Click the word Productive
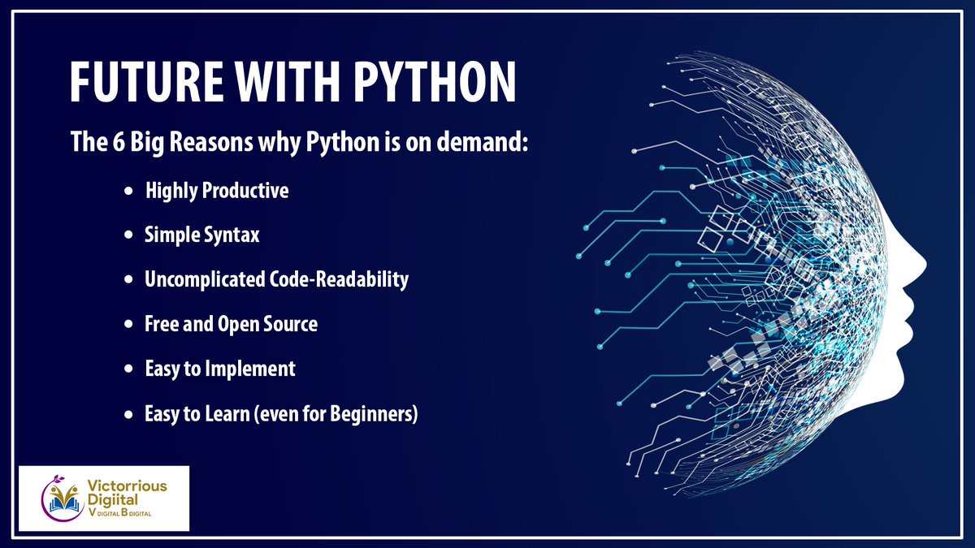(245, 192)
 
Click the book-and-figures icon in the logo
(63, 498)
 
